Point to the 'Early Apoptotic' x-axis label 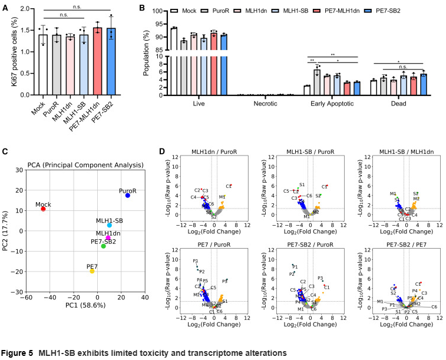coord(334,104)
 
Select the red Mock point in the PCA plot coord(43,209)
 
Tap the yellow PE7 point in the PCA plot coord(92,271)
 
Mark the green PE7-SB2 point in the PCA coord(103,246)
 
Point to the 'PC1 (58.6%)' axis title coord(86,305)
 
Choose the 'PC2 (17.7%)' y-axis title coord(8,231)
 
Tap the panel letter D coord(162,151)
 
